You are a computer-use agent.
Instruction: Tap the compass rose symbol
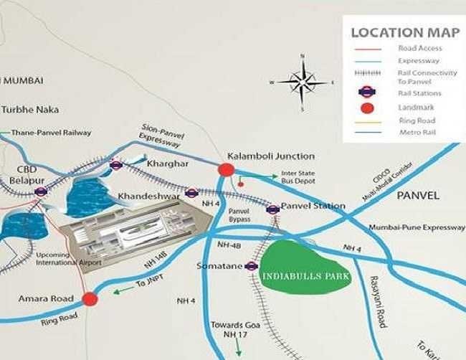(302, 81)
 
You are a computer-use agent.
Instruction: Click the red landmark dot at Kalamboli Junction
(227, 170)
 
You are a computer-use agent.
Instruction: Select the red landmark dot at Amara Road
(89, 299)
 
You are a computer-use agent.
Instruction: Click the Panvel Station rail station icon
(272, 209)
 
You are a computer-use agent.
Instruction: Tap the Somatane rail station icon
(250, 266)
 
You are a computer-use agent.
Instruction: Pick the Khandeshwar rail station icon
(191, 192)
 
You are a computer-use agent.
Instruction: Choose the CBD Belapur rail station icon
(41, 191)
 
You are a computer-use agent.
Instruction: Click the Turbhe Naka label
(30, 110)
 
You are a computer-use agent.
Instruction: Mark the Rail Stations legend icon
(367, 93)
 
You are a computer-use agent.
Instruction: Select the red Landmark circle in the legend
(367, 108)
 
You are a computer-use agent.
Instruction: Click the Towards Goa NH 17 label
(228, 330)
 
